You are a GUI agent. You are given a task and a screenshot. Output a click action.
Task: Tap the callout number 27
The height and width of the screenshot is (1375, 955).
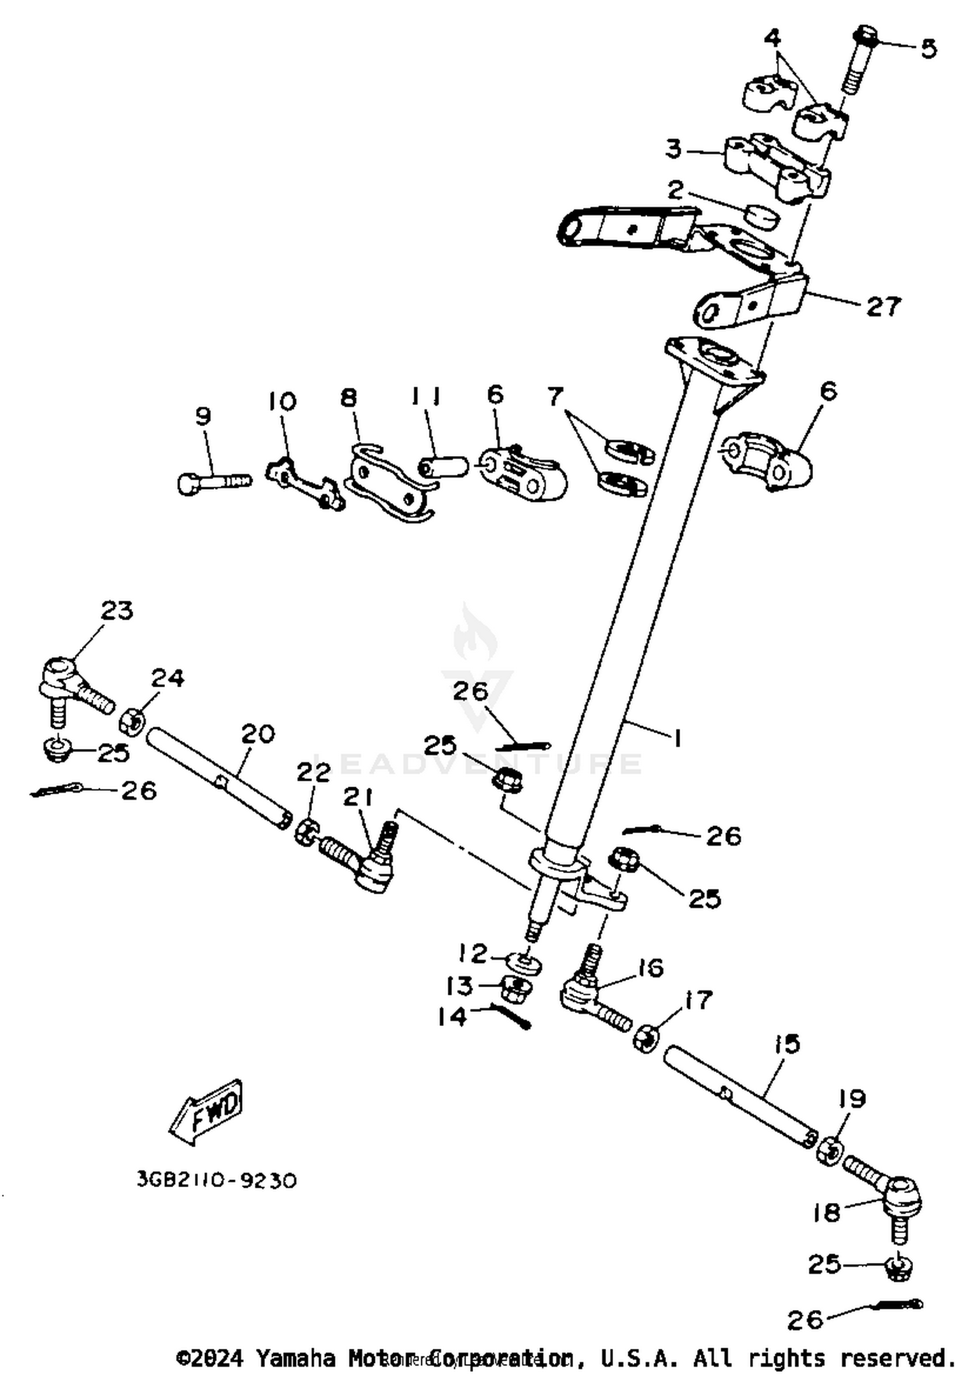(884, 307)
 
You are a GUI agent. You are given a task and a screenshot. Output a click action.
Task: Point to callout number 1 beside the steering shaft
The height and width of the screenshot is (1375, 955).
(678, 739)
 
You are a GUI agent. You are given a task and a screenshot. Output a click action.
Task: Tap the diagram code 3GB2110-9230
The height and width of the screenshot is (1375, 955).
(216, 1181)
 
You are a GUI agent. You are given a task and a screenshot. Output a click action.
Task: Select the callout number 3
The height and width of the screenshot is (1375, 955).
(674, 149)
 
